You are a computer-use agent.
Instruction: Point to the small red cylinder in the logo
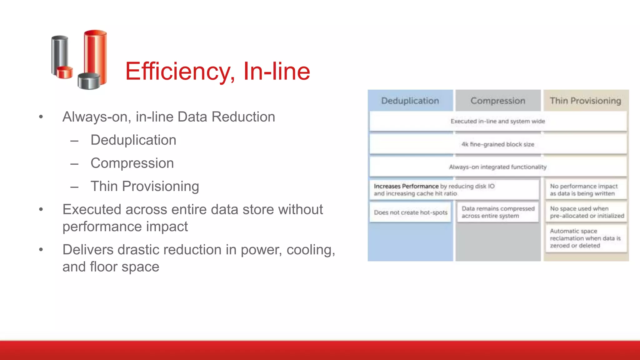tap(65, 72)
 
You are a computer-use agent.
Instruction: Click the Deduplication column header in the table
tap(410, 101)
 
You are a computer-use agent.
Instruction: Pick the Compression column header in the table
tap(498, 101)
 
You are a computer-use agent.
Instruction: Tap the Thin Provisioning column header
tap(585, 101)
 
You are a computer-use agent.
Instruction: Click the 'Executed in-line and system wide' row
tap(498, 121)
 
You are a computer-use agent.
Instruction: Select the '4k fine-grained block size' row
tap(498, 144)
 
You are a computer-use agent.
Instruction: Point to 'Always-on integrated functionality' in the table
tap(498, 167)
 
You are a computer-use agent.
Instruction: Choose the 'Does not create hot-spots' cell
tap(411, 212)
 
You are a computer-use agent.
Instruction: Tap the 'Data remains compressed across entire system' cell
tap(498, 212)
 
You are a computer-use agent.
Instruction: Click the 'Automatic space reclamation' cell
tap(585, 238)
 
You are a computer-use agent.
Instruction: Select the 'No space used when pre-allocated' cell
tap(586, 212)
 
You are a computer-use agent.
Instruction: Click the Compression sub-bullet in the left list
tap(132, 163)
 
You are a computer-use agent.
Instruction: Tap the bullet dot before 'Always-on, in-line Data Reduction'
tap(41, 117)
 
